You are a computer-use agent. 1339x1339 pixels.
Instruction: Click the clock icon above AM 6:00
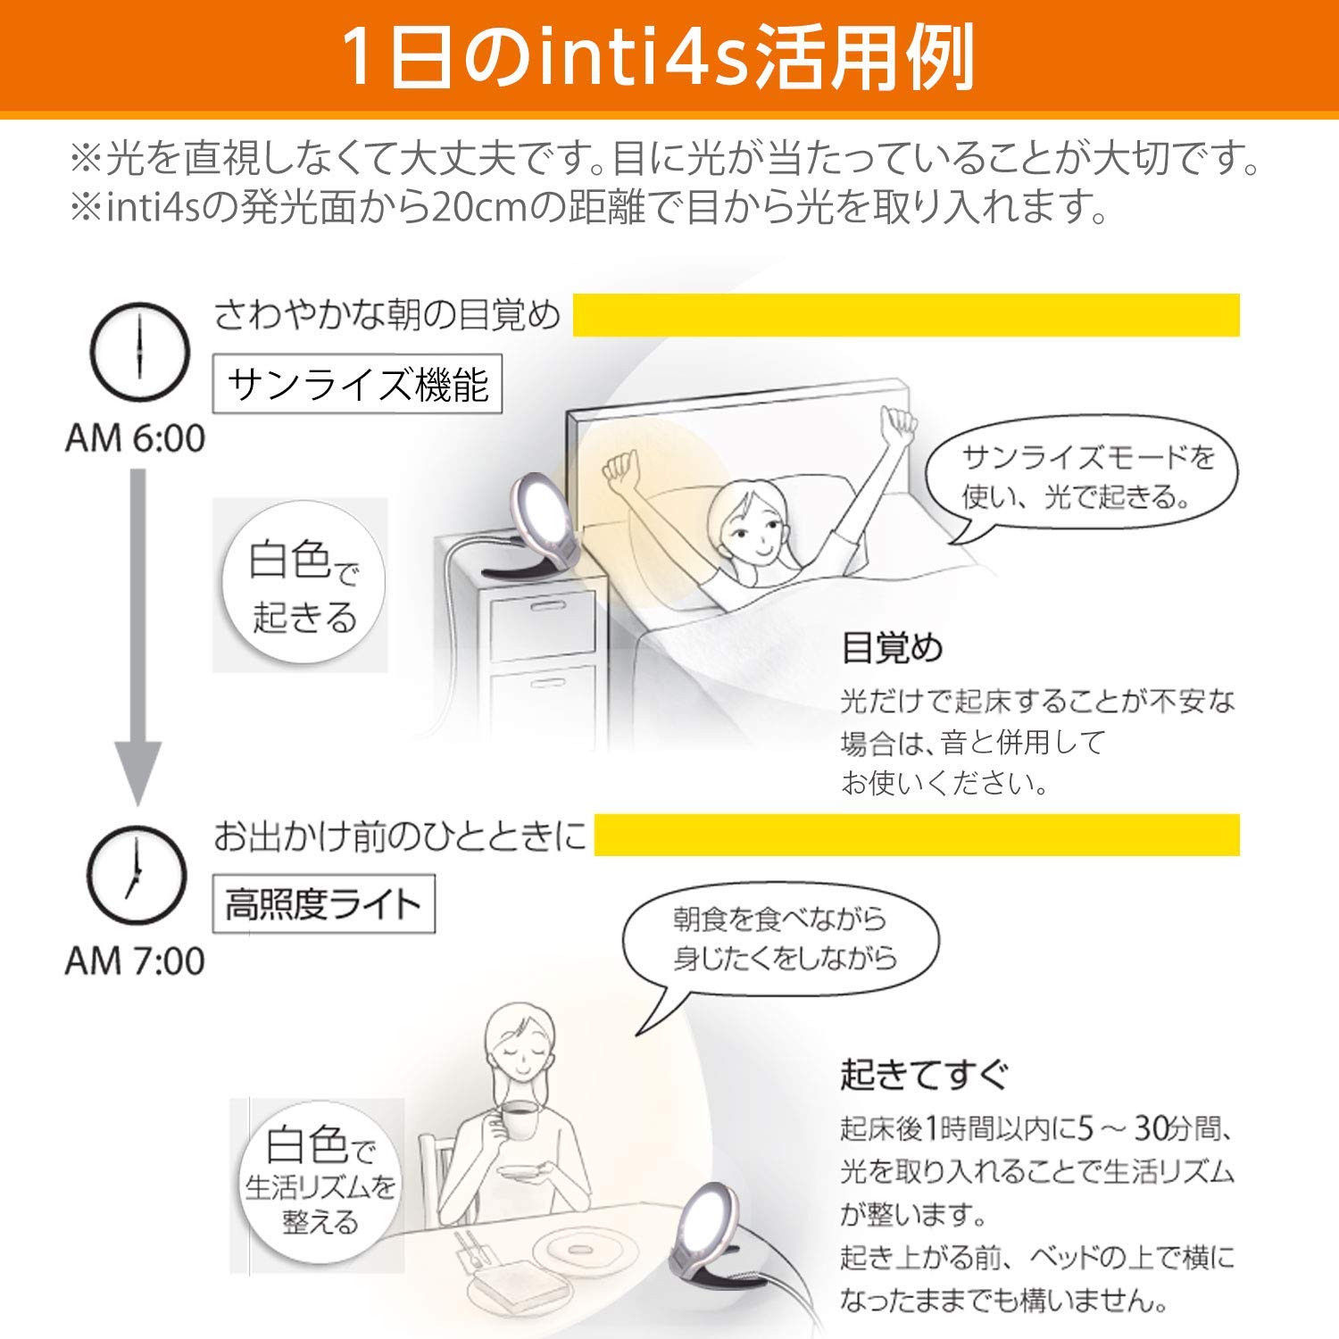click(x=140, y=351)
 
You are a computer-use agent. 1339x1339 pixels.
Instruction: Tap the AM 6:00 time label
click(x=135, y=438)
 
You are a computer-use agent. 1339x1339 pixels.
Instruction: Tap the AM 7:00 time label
click(x=135, y=961)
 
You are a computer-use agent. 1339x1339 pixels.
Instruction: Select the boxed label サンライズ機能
click(x=357, y=385)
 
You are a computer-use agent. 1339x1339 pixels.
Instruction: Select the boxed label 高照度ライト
click(x=323, y=905)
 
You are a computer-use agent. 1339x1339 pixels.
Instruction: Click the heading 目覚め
click(x=891, y=648)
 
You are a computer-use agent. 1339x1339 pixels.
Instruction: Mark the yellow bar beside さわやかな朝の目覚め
click(x=905, y=315)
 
